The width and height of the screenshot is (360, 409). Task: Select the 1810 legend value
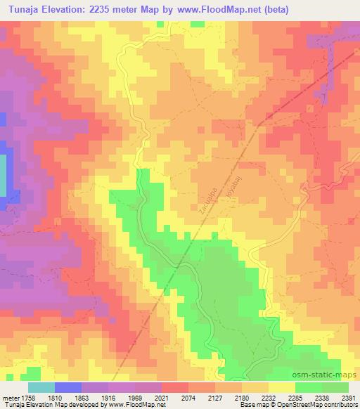57,396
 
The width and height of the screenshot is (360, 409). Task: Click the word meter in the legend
11,396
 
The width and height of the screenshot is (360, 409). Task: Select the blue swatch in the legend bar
67,387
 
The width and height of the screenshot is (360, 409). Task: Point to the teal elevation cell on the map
3,176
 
